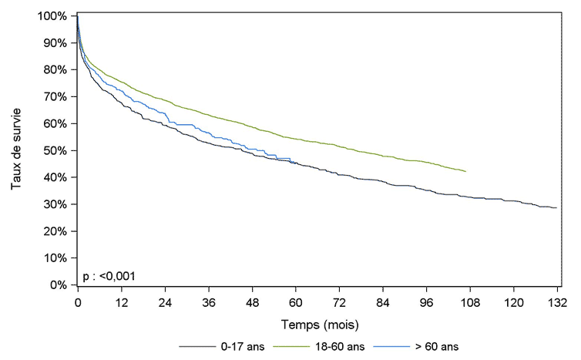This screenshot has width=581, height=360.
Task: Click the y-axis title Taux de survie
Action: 16,151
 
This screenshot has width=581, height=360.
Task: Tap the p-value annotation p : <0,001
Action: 110,275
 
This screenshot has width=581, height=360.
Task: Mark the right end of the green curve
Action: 465,171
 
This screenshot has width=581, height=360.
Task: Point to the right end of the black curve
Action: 556,207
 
